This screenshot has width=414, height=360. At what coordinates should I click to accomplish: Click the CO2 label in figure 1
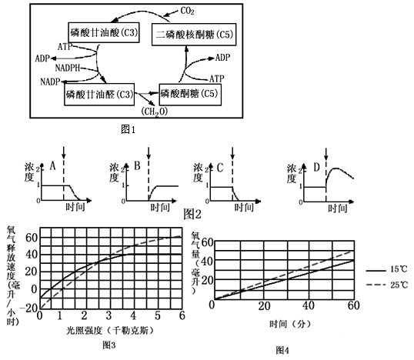[187, 11]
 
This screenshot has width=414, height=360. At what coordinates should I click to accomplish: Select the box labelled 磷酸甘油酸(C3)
[104, 32]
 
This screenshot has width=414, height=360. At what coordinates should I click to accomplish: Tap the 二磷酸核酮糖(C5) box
[194, 35]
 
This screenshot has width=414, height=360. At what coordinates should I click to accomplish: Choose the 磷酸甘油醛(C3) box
[99, 95]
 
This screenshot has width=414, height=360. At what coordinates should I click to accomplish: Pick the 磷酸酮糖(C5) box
[190, 95]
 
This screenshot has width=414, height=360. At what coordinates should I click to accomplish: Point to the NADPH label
[67, 68]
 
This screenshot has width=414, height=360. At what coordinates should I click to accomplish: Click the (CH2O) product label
[155, 112]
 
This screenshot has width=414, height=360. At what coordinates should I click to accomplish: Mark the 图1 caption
[128, 129]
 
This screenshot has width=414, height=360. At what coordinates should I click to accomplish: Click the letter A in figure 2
[53, 166]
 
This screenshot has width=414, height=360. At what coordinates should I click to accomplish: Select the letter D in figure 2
[316, 167]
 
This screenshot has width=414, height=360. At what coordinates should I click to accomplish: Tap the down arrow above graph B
[149, 153]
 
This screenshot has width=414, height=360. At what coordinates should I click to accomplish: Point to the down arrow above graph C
[232, 153]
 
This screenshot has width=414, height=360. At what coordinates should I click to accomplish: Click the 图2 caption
[192, 214]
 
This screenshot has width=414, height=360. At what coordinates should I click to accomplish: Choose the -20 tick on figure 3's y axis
[30, 308]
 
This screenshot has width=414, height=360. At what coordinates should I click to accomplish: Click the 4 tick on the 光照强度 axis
[133, 315]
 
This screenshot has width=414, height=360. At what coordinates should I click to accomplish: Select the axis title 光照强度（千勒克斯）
[109, 331]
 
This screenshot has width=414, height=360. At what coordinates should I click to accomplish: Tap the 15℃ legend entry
[387, 270]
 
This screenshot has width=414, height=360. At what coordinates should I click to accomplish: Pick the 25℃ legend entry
[387, 285]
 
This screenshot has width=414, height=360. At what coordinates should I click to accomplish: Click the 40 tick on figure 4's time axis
[308, 305]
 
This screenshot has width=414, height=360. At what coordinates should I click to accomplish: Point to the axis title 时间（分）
[290, 324]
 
